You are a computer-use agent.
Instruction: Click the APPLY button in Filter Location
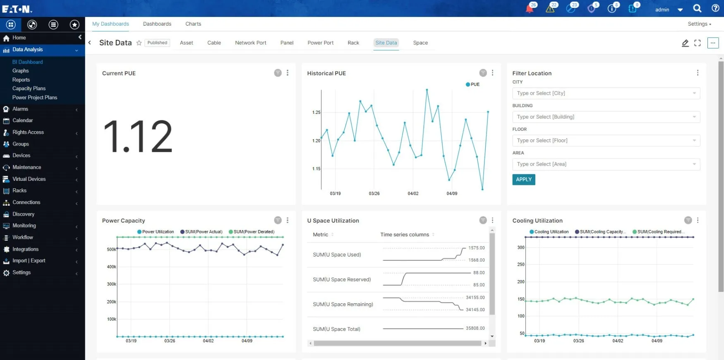523,180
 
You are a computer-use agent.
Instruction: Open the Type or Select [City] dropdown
606,94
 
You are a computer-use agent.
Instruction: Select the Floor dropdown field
606,141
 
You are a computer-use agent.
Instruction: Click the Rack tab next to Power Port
353,43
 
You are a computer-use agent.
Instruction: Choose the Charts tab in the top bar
193,24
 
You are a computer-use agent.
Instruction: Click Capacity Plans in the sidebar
29,89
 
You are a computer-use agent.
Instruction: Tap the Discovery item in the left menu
23,214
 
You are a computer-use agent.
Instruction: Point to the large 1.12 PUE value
138,137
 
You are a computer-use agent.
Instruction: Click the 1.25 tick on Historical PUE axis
316,113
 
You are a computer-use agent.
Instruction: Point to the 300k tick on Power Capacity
111,284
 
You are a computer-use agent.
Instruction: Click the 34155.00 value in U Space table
475,298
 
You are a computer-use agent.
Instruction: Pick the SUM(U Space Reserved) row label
342,280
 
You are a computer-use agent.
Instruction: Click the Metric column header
321,235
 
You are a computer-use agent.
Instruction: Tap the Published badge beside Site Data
157,43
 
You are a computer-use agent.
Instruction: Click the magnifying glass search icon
697,9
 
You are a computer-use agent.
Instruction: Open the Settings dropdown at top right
699,24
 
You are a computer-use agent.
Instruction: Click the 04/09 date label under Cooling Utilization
657,341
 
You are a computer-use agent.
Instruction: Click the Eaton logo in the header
17,9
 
